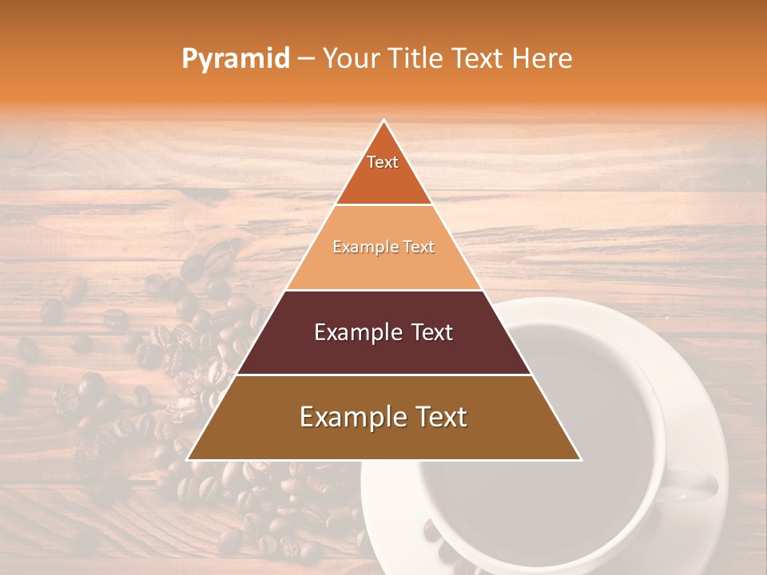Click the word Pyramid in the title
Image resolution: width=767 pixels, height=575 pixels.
[235, 59]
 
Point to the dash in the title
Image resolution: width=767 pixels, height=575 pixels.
[305, 59]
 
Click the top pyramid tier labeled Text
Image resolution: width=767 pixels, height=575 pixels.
[383, 172]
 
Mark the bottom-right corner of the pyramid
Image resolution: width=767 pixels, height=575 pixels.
[580, 459]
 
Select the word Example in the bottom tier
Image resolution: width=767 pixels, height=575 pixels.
[349, 418]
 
